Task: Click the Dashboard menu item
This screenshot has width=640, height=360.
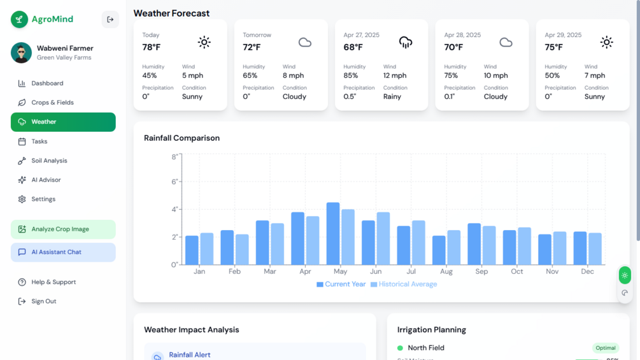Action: click(47, 83)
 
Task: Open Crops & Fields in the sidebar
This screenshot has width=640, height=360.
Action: click(52, 103)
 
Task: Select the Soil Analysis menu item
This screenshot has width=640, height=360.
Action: click(49, 161)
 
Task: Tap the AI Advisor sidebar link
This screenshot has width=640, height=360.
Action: click(46, 180)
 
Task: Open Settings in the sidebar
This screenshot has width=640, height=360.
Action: click(43, 199)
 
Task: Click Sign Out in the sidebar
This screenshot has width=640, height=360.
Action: click(43, 301)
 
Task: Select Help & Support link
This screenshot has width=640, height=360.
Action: click(53, 282)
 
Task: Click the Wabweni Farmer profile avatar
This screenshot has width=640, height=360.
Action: click(21, 53)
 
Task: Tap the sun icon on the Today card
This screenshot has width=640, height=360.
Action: click(204, 43)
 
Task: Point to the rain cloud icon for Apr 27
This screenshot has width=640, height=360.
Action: click(406, 43)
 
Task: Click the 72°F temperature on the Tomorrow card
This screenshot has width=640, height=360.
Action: click(252, 47)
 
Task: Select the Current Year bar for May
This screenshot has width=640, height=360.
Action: click(333, 234)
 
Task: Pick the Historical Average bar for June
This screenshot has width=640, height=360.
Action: click(383, 238)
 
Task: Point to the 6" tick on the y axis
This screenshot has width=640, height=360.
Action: click(174, 182)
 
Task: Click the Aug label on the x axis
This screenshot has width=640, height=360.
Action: click(446, 271)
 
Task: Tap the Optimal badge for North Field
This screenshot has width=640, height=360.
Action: click(605, 348)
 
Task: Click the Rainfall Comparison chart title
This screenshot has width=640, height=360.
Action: click(181, 138)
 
